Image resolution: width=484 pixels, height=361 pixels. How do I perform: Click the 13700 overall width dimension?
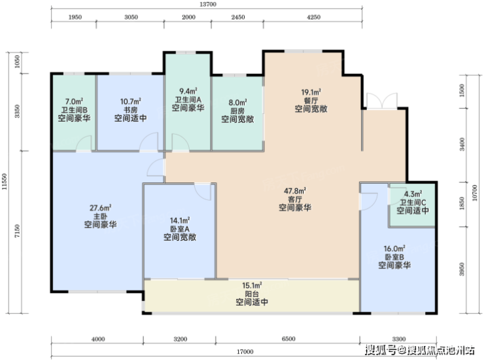pyautogui.click(x=208, y=5)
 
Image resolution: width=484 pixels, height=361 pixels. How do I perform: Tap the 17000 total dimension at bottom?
pyautogui.click(x=245, y=352)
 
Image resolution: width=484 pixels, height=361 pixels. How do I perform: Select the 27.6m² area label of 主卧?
pyautogui.click(x=101, y=208)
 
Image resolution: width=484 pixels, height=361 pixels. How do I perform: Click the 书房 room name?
pyautogui.click(x=131, y=110)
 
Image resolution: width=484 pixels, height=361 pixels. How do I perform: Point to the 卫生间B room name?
pyautogui.click(x=74, y=110)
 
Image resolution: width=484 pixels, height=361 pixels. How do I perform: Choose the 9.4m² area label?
pyautogui.click(x=188, y=91)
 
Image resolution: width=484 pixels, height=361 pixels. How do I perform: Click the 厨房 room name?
pyautogui.click(x=237, y=111)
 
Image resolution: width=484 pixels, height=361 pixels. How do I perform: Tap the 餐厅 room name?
pyautogui.click(x=311, y=101)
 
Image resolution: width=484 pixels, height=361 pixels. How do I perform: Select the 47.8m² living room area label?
pyautogui.click(x=295, y=191)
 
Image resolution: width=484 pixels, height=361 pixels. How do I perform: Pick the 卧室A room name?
pyautogui.click(x=180, y=229)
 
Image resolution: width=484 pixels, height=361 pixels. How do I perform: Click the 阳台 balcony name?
pyautogui.click(x=252, y=294)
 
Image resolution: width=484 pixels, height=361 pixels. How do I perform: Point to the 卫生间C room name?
pyautogui.click(x=413, y=202)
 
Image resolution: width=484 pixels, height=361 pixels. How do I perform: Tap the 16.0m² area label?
pyautogui.click(x=394, y=249)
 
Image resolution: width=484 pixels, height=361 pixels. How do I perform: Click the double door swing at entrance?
pyautogui.click(x=382, y=100)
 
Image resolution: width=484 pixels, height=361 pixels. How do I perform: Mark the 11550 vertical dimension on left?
pyautogui.click(x=5, y=181)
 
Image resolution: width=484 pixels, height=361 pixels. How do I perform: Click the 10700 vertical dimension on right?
pyautogui.click(x=475, y=192)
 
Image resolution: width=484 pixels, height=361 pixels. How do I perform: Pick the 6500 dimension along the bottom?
pyautogui.click(x=288, y=339)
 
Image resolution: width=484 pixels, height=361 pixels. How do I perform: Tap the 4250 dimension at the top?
pyautogui.click(x=313, y=17)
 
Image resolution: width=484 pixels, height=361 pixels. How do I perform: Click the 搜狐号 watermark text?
pyautogui.click(x=381, y=350)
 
